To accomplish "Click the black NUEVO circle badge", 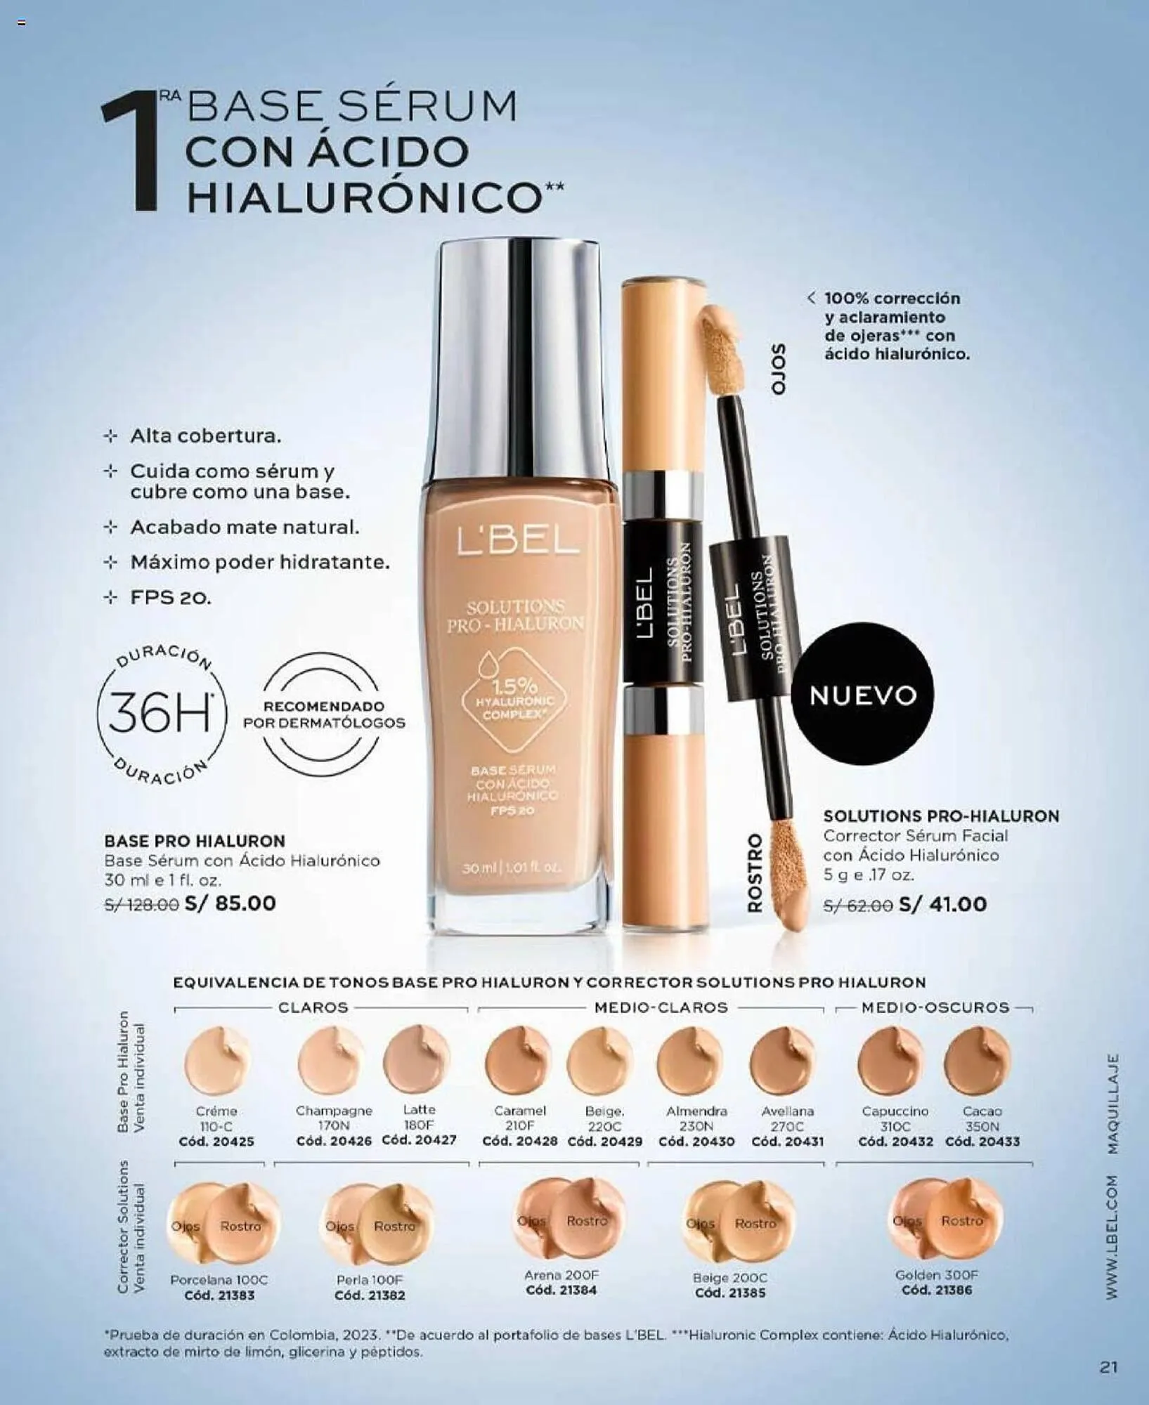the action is (x=863, y=695).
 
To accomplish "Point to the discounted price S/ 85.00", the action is (x=231, y=903).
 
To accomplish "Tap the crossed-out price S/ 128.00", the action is (x=141, y=905).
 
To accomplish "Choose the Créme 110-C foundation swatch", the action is (x=217, y=1062).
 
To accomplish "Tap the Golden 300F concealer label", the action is (x=937, y=1275).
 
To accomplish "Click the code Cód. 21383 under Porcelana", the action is (x=220, y=1295).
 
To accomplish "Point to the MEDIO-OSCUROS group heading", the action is (x=935, y=1007).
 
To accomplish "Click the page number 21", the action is (x=1108, y=1367).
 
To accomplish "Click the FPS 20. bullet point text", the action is (x=171, y=598).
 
